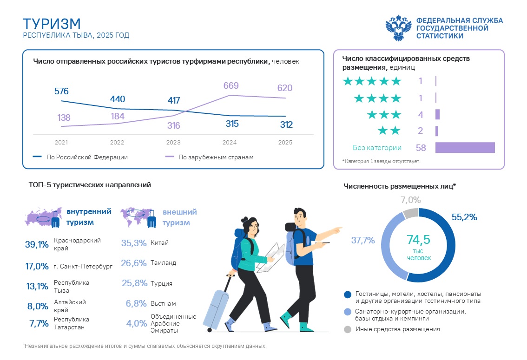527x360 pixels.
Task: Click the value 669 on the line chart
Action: coord(231,85)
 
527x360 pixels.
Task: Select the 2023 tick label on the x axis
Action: coord(173,143)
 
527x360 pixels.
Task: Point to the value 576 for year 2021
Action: coord(61,91)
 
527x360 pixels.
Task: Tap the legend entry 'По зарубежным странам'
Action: coord(216,157)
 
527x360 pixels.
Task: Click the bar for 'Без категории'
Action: coord(465,147)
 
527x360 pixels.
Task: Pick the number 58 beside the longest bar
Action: coord(421,148)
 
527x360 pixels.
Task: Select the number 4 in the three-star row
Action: coord(421,115)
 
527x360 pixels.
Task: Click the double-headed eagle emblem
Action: coord(398,28)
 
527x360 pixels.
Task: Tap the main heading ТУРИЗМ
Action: coord(52,24)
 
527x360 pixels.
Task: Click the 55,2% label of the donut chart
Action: coord(464,217)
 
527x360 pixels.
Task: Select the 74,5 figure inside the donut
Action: coord(418,239)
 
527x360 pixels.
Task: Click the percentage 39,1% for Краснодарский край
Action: coord(37,244)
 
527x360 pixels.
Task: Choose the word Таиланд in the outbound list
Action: coord(163,262)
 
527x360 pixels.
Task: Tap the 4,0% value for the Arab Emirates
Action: coord(137,323)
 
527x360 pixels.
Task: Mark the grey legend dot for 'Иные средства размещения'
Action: coord(348,329)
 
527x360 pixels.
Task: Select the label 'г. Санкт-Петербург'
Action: coord(83,266)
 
